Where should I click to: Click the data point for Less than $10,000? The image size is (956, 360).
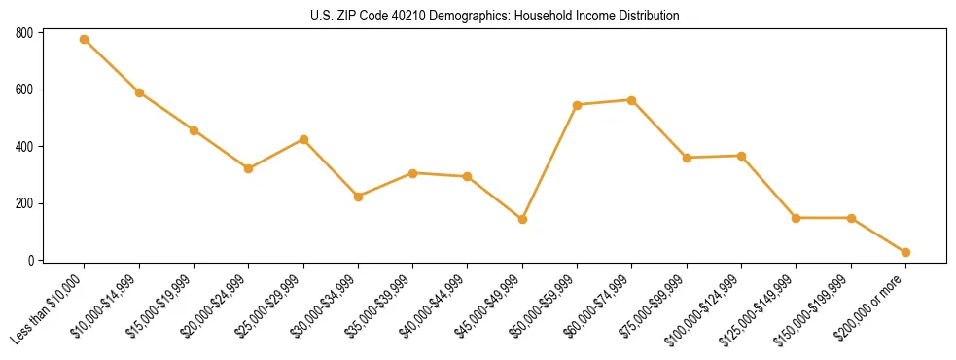[85, 40]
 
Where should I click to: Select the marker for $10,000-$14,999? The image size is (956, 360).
[139, 93]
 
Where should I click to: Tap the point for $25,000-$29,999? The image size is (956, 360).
[303, 140]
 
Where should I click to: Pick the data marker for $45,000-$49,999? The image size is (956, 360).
[522, 220]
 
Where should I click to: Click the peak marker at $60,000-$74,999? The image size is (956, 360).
[632, 100]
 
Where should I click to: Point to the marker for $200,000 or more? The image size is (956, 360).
[905, 253]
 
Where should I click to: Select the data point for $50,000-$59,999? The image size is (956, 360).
[577, 105]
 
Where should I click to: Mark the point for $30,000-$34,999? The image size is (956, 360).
[358, 197]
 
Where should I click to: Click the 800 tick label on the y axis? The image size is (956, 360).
[24, 33]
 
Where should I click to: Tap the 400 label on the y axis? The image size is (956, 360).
[24, 147]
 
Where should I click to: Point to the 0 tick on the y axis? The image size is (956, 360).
[30, 261]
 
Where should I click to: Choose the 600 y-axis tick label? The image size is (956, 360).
[24, 90]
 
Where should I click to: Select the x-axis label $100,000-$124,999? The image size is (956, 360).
[705, 307]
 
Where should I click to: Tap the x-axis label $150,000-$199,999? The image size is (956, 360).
[815, 307]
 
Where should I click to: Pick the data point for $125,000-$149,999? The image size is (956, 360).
[796, 218]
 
